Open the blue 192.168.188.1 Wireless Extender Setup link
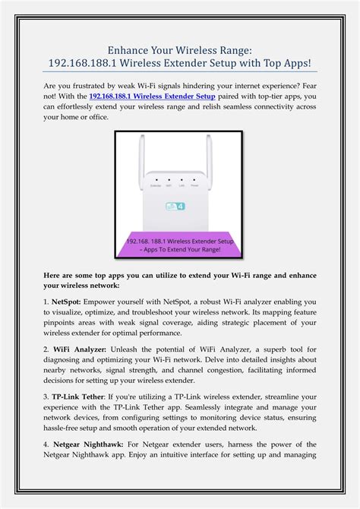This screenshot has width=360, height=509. pos(152,96)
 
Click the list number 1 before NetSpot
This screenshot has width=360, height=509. pos(46,302)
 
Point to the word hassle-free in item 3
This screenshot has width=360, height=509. pos(66,428)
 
